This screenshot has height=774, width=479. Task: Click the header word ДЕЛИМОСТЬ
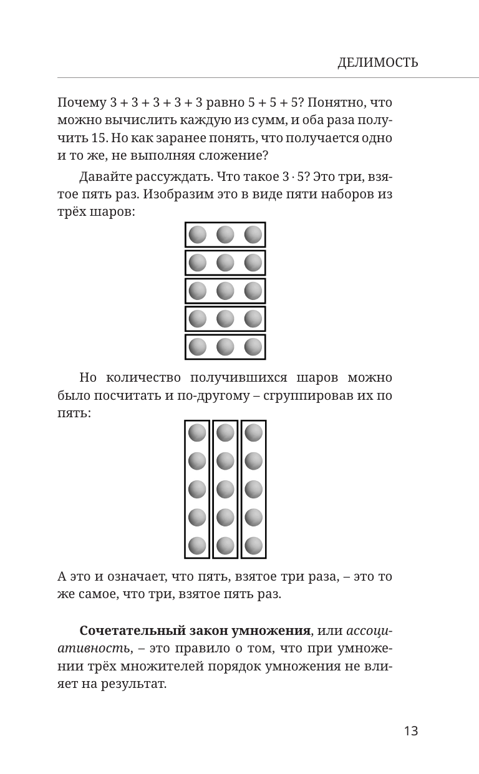377,62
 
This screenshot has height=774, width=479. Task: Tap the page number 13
410,731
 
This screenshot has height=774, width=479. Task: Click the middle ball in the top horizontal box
225,235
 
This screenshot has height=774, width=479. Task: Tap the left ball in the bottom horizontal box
197,347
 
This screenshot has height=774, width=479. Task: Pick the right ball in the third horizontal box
253,291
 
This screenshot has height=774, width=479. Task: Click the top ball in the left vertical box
197,433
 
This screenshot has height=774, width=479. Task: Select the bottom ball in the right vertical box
253,546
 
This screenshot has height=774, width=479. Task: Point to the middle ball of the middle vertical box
225,489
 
